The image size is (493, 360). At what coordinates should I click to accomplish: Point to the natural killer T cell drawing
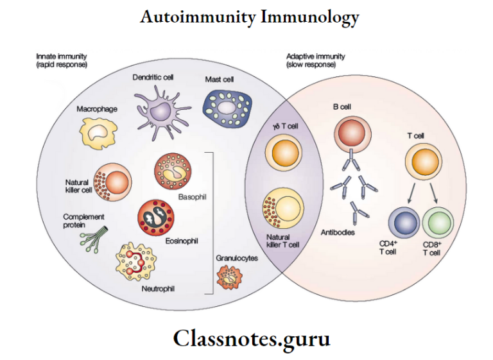[282, 209]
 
